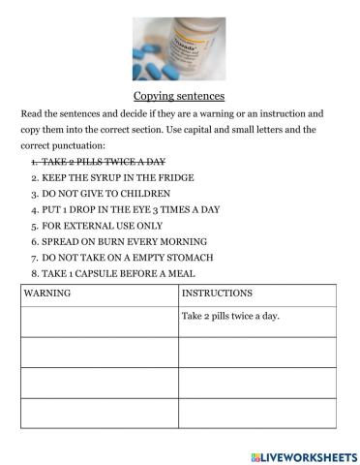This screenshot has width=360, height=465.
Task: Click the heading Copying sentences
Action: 178,96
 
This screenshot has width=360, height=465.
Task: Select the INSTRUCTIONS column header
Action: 217,291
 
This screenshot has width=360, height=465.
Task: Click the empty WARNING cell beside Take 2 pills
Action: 98,319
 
